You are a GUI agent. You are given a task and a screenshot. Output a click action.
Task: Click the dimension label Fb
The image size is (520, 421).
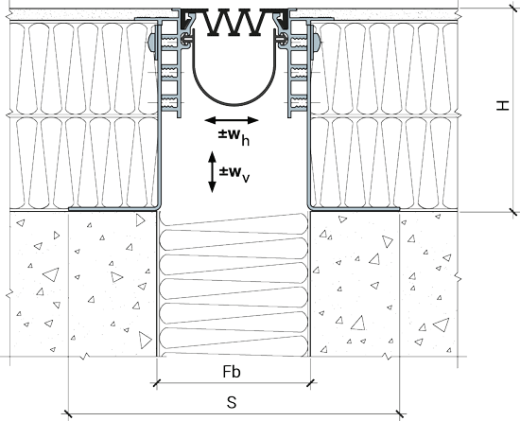(x=232, y=372)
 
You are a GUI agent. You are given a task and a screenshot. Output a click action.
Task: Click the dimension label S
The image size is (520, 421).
(x=232, y=402)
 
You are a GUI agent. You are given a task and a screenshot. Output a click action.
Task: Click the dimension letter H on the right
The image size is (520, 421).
(x=502, y=106)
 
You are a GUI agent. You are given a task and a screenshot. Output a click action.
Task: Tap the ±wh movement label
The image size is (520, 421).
(x=234, y=136)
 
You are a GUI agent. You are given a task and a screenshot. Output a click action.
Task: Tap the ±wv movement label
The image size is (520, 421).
(x=234, y=173)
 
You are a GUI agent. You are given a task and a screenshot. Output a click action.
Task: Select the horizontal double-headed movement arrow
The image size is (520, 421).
(x=232, y=120)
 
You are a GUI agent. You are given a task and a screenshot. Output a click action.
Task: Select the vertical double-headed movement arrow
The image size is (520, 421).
(x=212, y=172)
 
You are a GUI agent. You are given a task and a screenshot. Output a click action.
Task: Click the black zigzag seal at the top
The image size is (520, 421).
(x=234, y=23)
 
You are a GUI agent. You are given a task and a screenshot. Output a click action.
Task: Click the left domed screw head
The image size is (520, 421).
(x=151, y=42)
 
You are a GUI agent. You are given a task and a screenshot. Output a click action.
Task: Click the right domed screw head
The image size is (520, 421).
(x=316, y=42)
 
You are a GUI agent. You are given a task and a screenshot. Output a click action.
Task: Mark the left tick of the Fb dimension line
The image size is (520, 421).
(x=157, y=383)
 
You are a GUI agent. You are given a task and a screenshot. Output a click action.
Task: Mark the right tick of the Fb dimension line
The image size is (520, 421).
(x=310, y=383)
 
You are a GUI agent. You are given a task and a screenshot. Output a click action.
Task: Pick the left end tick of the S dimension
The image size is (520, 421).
(x=68, y=414)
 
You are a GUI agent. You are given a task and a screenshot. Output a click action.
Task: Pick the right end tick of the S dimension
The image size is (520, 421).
(x=400, y=414)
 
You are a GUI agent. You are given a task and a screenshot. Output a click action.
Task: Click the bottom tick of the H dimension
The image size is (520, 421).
(x=513, y=211)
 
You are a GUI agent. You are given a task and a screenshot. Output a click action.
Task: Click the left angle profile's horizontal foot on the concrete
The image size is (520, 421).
(x=113, y=209)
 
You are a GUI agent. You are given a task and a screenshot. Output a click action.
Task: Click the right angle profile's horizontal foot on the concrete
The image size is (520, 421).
(x=355, y=209)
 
